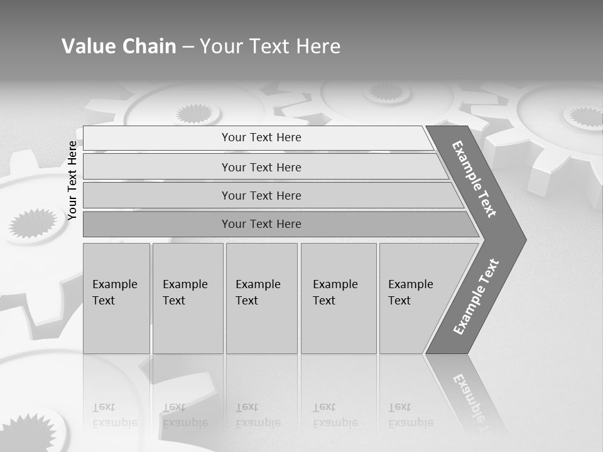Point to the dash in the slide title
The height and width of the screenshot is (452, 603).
coord(188,47)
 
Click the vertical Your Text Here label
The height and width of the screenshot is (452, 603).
coord(72,180)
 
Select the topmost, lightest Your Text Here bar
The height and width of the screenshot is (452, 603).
coord(261,137)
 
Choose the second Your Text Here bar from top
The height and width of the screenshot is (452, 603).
coord(261,167)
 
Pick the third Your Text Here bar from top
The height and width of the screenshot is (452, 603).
coord(261,195)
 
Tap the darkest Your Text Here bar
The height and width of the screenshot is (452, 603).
coord(261,224)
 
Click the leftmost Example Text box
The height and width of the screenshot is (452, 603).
coord(116,298)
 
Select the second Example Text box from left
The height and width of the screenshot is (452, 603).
coord(187,298)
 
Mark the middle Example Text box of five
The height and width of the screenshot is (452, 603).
coord(261,298)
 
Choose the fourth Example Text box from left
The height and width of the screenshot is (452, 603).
coord(339,298)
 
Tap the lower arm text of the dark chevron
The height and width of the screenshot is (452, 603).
coord(476,297)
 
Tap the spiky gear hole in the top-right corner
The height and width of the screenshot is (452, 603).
coord(583,116)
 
